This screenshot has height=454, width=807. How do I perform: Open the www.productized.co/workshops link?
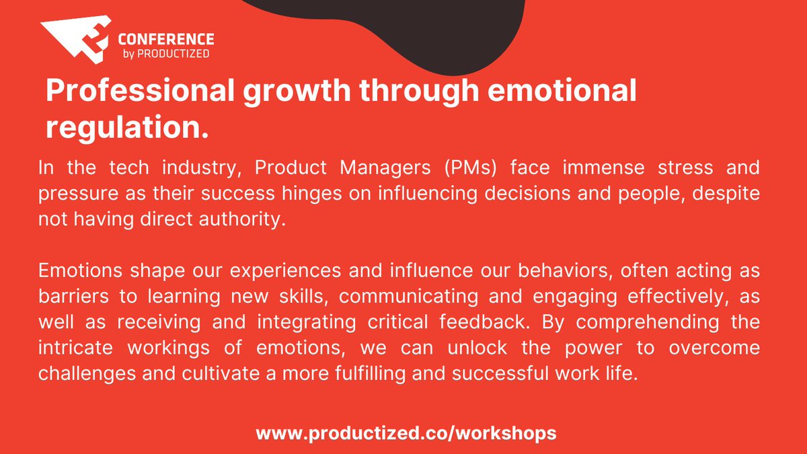tap(406, 432)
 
